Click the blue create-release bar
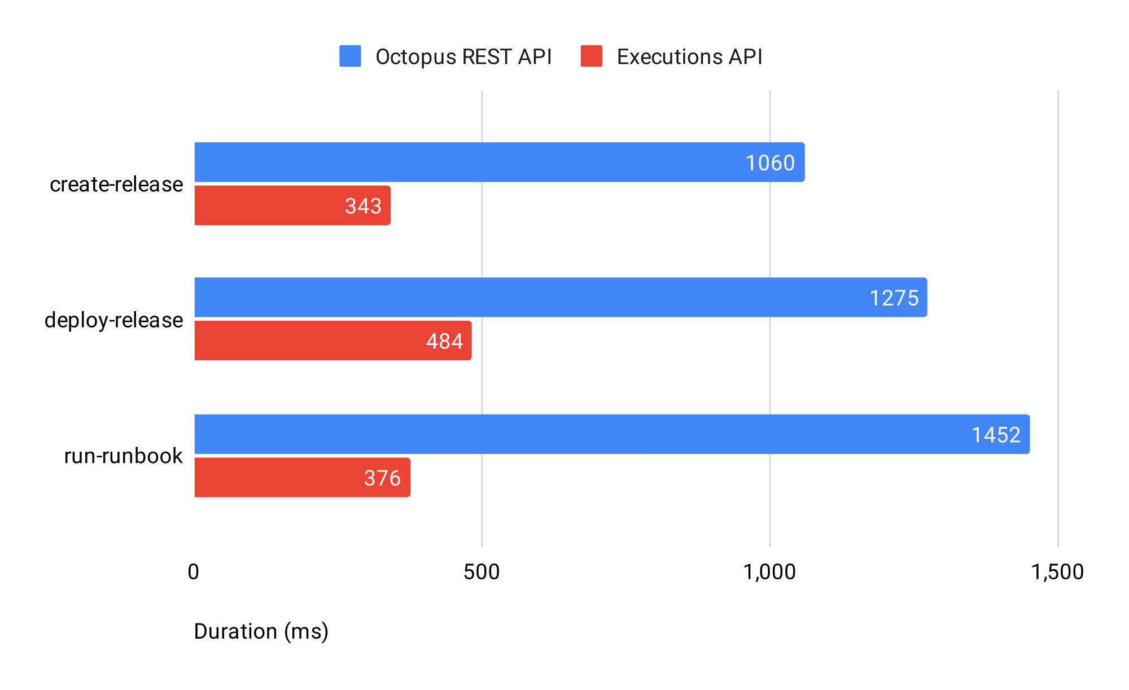(x=452, y=162)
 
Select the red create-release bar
(x=271, y=206)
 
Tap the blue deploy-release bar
(x=508, y=297)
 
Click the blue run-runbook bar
(x=564, y=434)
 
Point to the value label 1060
(x=770, y=163)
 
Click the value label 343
(x=364, y=206)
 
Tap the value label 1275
(x=894, y=298)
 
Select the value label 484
(x=445, y=342)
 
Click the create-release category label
(x=116, y=185)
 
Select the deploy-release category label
(x=113, y=320)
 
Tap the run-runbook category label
(x=123, y=456)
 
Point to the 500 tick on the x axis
(x=482, y=572)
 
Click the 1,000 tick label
(x=769, y=572)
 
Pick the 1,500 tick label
(x=1057, y=572)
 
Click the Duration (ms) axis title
(x=261, y=631)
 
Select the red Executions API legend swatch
(x=591, y=56)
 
